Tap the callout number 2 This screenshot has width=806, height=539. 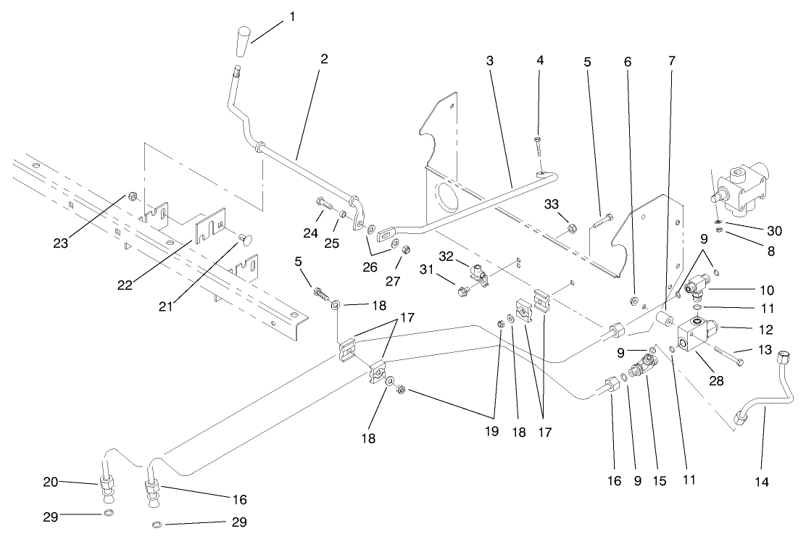tap(324, 59)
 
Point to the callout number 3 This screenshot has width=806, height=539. tap(490, 62)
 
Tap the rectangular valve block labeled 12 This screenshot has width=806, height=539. tap(694, 334)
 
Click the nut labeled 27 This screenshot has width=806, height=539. tap(407, 250)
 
